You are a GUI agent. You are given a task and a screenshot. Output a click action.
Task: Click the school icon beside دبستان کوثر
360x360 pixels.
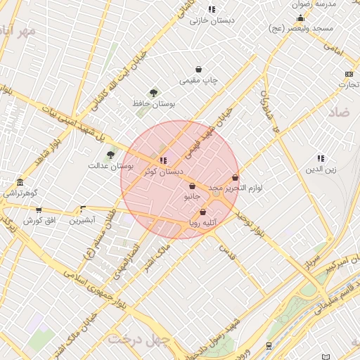(163, 160)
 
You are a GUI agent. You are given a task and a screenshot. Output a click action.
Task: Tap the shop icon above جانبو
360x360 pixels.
(193, 186)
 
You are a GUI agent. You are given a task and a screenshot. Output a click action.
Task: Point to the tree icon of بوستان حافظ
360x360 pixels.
(153, 93)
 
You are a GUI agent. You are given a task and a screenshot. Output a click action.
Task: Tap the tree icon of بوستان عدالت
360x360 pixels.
(110, 155)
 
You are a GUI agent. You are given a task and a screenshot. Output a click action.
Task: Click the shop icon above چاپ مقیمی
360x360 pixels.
(199, 70)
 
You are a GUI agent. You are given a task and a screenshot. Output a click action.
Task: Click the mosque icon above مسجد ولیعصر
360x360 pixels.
(301, 18)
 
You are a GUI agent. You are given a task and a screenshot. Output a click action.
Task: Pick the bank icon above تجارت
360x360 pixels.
(349, 74)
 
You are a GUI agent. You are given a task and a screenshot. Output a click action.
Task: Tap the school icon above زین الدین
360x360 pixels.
(321, 159)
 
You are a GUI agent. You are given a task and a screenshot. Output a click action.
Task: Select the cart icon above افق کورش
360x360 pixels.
(39, 210)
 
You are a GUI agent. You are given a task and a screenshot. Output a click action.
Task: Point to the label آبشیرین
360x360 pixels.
(83, 220)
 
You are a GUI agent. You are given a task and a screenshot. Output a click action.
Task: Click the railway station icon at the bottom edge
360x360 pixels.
(269, 346)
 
